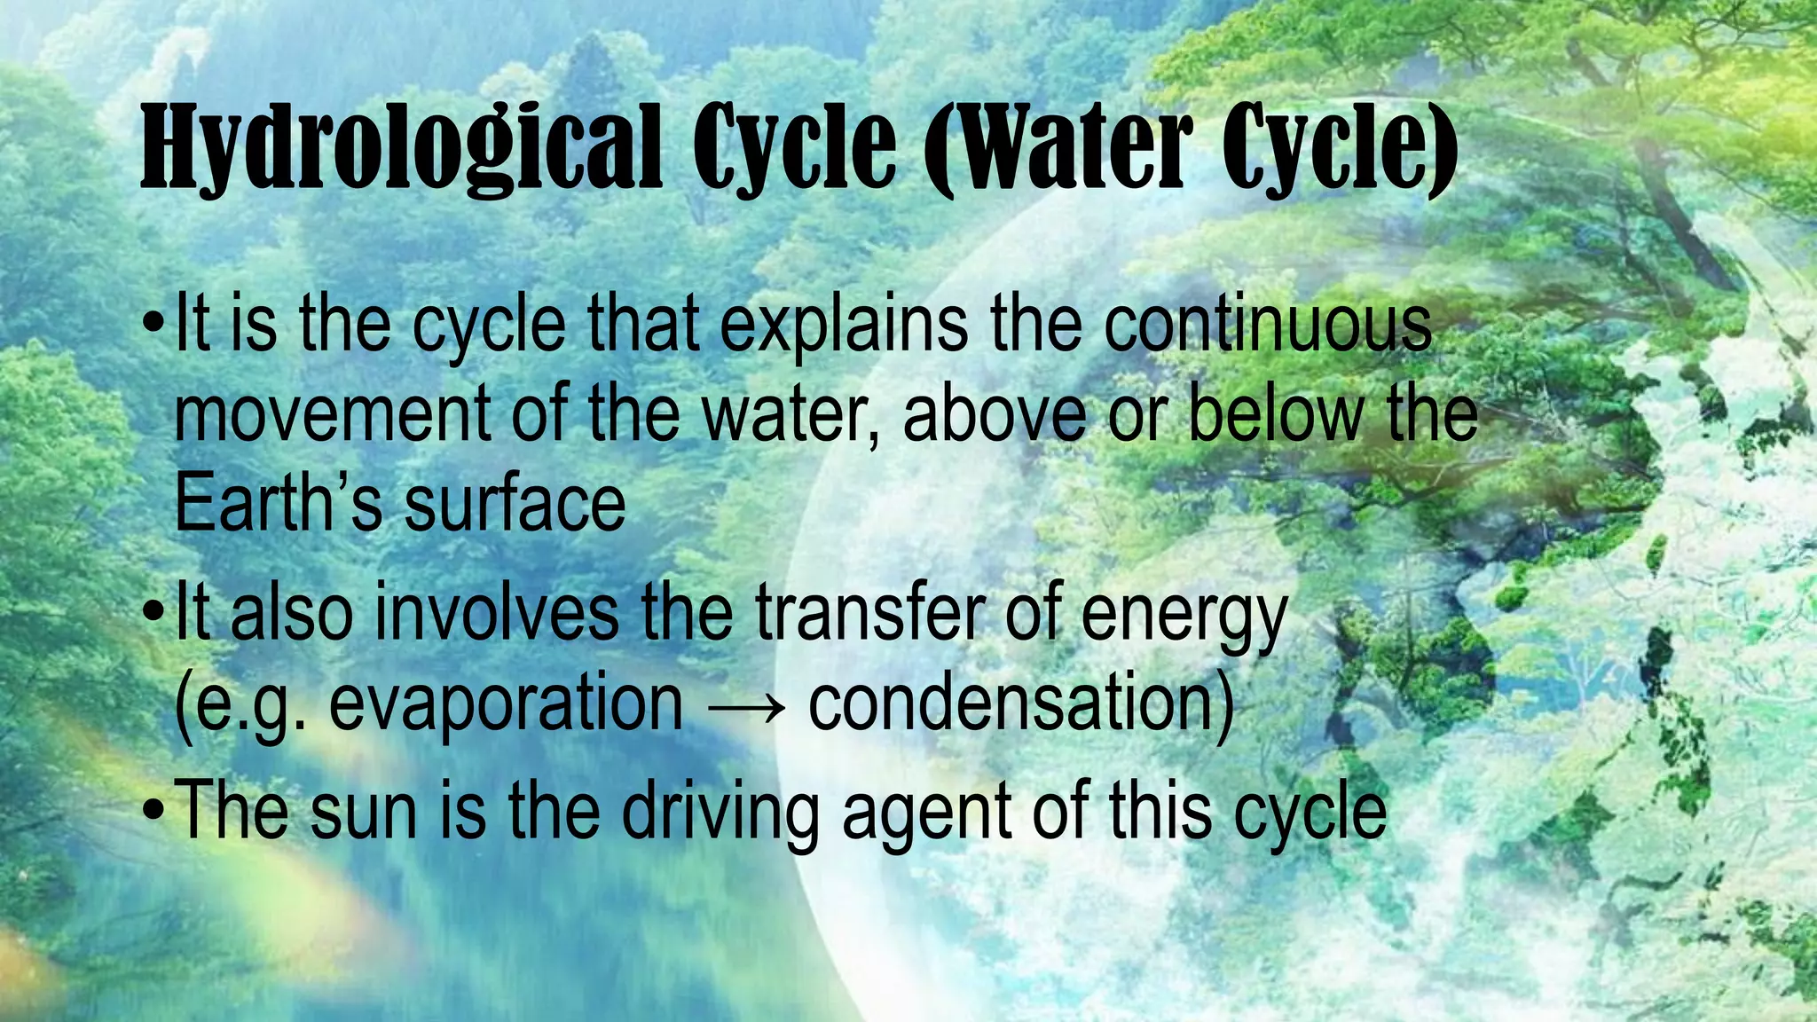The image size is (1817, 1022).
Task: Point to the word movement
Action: tap(332, 415)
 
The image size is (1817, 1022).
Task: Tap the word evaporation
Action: tap(506, 705)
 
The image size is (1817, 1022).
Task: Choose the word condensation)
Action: tap(1020, 705)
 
